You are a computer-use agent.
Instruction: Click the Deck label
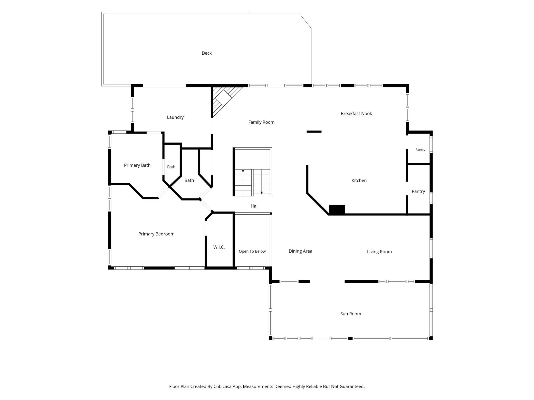point(207,53)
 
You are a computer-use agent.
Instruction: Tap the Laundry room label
point(175,117)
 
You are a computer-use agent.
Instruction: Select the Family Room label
point(261,122)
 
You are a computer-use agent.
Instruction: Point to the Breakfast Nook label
point(356,113)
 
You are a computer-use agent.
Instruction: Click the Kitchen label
point(359,181)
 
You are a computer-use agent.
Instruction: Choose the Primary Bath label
point(137,165)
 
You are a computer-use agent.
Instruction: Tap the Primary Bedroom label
point(156,234)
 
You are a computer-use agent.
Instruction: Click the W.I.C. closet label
point(219,247)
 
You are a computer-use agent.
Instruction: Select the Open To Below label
point(252,251)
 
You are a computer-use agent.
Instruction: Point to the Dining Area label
point(300,251)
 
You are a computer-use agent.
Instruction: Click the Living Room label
point(379,252)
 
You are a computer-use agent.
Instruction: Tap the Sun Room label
point(351,314)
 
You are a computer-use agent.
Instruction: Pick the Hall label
point(254,206)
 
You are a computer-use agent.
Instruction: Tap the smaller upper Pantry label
point(420,150)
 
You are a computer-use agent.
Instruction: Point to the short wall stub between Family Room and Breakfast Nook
point(314,132)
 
